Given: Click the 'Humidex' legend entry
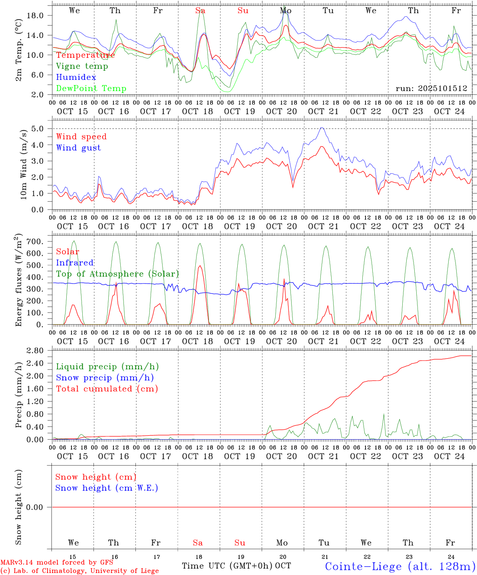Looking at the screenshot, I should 76,77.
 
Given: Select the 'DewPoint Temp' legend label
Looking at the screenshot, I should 91,89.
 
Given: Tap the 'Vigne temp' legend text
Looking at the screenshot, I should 82,66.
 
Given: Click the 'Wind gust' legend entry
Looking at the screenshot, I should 78,148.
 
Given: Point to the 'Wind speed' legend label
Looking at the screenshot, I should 81,137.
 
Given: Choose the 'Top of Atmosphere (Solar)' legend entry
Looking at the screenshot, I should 117,274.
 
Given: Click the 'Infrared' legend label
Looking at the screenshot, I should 75,263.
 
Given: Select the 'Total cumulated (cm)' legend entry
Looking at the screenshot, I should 107,389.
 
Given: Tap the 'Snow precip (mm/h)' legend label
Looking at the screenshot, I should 105,378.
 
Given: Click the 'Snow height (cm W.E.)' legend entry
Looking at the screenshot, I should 107,488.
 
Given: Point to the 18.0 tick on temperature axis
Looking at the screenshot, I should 35,16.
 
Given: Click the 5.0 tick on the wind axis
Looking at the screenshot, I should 38,129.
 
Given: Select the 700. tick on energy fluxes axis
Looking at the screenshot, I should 35,242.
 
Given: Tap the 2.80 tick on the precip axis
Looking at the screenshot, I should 35,351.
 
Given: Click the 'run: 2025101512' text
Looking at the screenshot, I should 431,89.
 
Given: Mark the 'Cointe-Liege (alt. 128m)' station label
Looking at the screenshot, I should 400,566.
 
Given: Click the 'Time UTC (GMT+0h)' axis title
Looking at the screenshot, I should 227,566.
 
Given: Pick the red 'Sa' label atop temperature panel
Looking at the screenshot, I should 200,11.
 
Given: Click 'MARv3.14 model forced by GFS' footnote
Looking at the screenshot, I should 57,562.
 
